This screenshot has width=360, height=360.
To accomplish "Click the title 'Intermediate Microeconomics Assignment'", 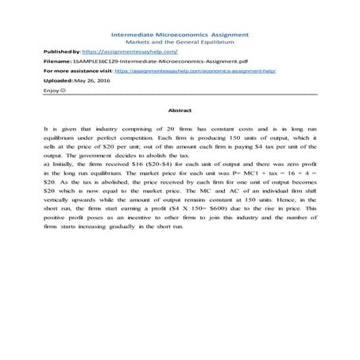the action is pyautogui.click(x=179, y=35).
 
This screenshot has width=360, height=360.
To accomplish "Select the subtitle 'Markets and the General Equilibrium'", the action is pyautogui.click(x=179, y=42).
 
